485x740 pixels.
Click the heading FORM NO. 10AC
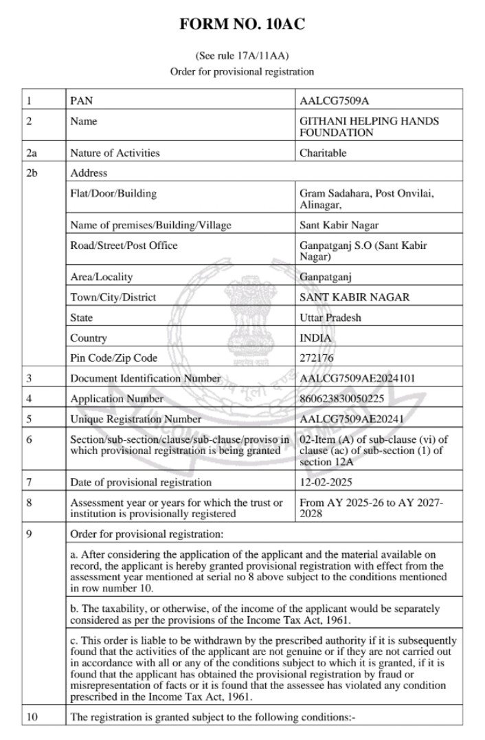[x=242, y=25]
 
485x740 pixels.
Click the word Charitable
[x=323, y=153]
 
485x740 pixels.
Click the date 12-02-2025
[x=326, y=482]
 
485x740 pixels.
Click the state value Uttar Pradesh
[x=330, y=318]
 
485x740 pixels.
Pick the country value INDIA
[x=317, y=338]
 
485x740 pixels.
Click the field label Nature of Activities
[x=115, y=153]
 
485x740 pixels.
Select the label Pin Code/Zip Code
[x=113, y=358]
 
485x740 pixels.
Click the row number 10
[x=31, y=718]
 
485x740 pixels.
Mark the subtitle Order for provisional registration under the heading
[x=242, y=72]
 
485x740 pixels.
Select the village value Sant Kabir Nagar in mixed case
[x=339, y=225]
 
